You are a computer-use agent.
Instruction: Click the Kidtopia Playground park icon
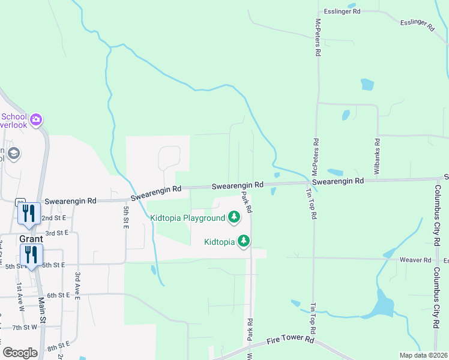coord(234,218)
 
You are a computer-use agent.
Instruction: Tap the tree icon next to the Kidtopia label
coord(243,241)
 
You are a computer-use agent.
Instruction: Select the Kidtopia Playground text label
coord(187,218)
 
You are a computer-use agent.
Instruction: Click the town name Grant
coord(31,238)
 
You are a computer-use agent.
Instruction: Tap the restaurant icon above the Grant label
coord(29,213)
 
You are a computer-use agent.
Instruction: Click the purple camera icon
coord(36,120)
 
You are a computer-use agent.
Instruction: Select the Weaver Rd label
coord(415,260)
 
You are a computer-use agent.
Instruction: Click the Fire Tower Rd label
coord(292,340)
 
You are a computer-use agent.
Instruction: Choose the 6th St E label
coord(59,295)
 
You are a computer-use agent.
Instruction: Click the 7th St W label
coord(26,328)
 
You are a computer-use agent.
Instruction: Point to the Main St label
coord(42,312)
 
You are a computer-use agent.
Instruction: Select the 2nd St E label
coord(54,218)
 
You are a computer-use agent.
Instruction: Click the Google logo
coord(20,353)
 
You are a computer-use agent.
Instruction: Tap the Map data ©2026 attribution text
coord(423,355)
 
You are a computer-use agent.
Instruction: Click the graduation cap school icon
coord(13,154)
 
